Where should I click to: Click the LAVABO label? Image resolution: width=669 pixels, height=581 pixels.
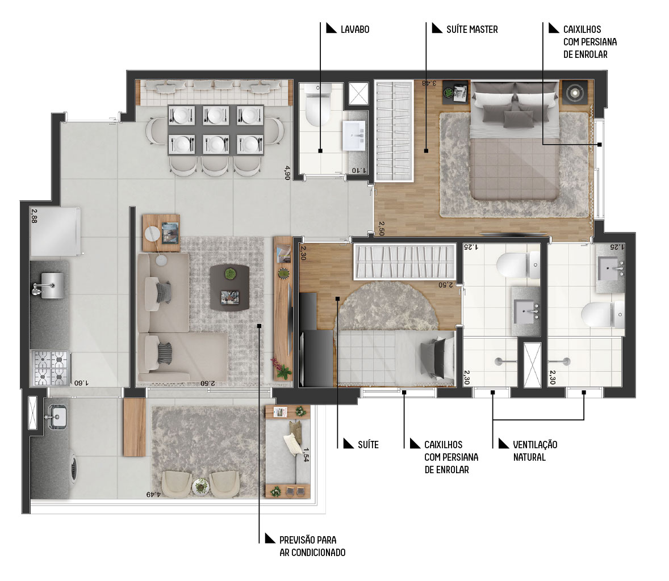point(354,30)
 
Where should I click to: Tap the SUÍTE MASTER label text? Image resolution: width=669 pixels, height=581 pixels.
point(472,30)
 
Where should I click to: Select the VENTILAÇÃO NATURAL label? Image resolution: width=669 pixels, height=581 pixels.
point(535,451)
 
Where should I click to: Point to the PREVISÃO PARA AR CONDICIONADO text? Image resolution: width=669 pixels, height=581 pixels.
point(312,546)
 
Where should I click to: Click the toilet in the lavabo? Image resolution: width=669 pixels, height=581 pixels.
point(317,104)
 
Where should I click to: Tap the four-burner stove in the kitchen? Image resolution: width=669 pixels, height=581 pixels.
point(51,368)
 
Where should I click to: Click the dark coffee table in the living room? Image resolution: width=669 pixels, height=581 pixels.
point(229,288)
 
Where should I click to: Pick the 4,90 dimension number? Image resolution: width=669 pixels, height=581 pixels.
point(287,172)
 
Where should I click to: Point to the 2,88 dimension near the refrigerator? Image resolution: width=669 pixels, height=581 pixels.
point(34,216)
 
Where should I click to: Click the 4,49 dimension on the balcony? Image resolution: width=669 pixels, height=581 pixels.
point(153,494)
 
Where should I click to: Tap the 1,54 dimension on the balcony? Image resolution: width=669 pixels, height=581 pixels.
point(306,454)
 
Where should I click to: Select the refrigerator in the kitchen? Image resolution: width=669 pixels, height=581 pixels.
point(56,231)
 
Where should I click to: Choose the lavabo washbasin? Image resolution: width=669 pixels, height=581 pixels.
point(354,136)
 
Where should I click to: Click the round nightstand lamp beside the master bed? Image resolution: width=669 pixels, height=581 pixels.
point(574,92)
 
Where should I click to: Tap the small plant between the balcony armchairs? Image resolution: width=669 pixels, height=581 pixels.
point(200,486)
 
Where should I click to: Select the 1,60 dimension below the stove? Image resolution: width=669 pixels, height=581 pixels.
point(81,383)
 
